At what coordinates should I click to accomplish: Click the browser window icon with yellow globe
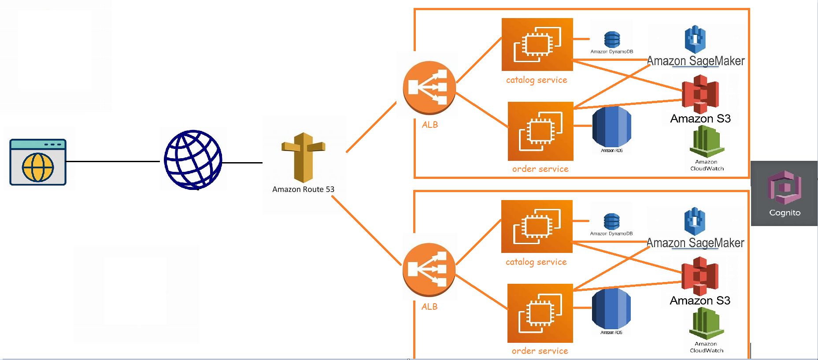click(x=38, y=162)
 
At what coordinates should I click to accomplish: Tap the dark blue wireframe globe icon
click(x=193, y=160)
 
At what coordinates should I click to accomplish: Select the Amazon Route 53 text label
click(x=303, y=189)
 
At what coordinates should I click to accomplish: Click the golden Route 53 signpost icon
click(x=303, y=157)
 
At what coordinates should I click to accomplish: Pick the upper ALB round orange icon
click(x=429, y=87)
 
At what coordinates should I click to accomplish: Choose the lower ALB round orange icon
click(x=429, y=269)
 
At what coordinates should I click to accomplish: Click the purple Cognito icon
click(x=784, y=188)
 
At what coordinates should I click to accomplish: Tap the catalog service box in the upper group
click(x=537, y=45)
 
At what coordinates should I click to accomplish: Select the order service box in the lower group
click(x=540, y=313)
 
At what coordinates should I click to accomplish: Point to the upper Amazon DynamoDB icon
click(x=612, y=40)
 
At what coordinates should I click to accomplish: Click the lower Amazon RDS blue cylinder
click(x=611, y=308)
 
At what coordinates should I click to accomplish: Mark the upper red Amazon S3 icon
click(x=700, y=94)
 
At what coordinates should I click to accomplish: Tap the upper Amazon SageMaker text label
click(x=696, y=61)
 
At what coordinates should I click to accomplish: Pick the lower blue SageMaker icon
click(x=695, y=221)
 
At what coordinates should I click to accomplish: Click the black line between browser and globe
click(x=113, y=161)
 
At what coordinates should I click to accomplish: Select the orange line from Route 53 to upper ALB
click(x=371, y=127)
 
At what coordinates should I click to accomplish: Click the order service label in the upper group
click(x=540, y=169)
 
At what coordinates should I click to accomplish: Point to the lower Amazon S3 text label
click(x=700, y=301)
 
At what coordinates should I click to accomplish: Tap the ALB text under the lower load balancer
click(x=429, y=307)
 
